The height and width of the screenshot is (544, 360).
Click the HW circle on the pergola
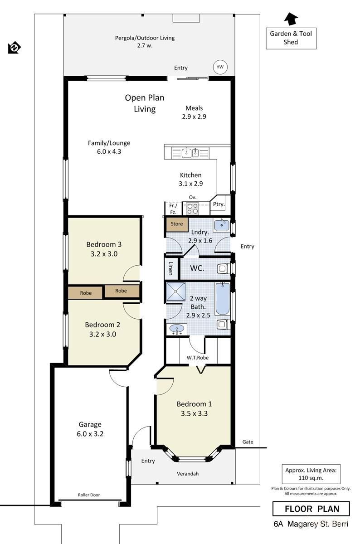pos(220,68)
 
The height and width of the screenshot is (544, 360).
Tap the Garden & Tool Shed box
pos(291,38)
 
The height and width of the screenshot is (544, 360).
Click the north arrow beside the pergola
pos(15,47)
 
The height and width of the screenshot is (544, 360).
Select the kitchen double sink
pos(191,153)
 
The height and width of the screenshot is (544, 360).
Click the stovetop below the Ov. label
pos(192,209)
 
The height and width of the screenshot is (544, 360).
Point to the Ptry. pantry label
pos(219,204)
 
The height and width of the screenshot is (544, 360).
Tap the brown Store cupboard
pos(176,224)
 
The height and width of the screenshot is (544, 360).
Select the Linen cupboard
pos(171,268)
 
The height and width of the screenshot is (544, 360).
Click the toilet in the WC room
pos(222,268)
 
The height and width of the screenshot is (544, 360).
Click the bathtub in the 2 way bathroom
pos(222,299)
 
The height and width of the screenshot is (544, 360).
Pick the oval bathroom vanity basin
pos(177,328)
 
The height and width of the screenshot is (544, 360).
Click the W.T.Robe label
pos(197,358)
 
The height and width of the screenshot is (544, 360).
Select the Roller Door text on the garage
pos(89,495)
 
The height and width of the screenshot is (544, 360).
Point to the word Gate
pos(248,442)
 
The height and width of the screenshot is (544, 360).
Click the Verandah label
pos(188,474)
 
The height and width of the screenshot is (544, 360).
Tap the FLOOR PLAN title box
pos(311,509)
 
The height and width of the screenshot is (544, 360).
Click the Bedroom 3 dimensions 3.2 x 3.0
pos(104,254)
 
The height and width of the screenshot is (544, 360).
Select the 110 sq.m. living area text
pos(311,478)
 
